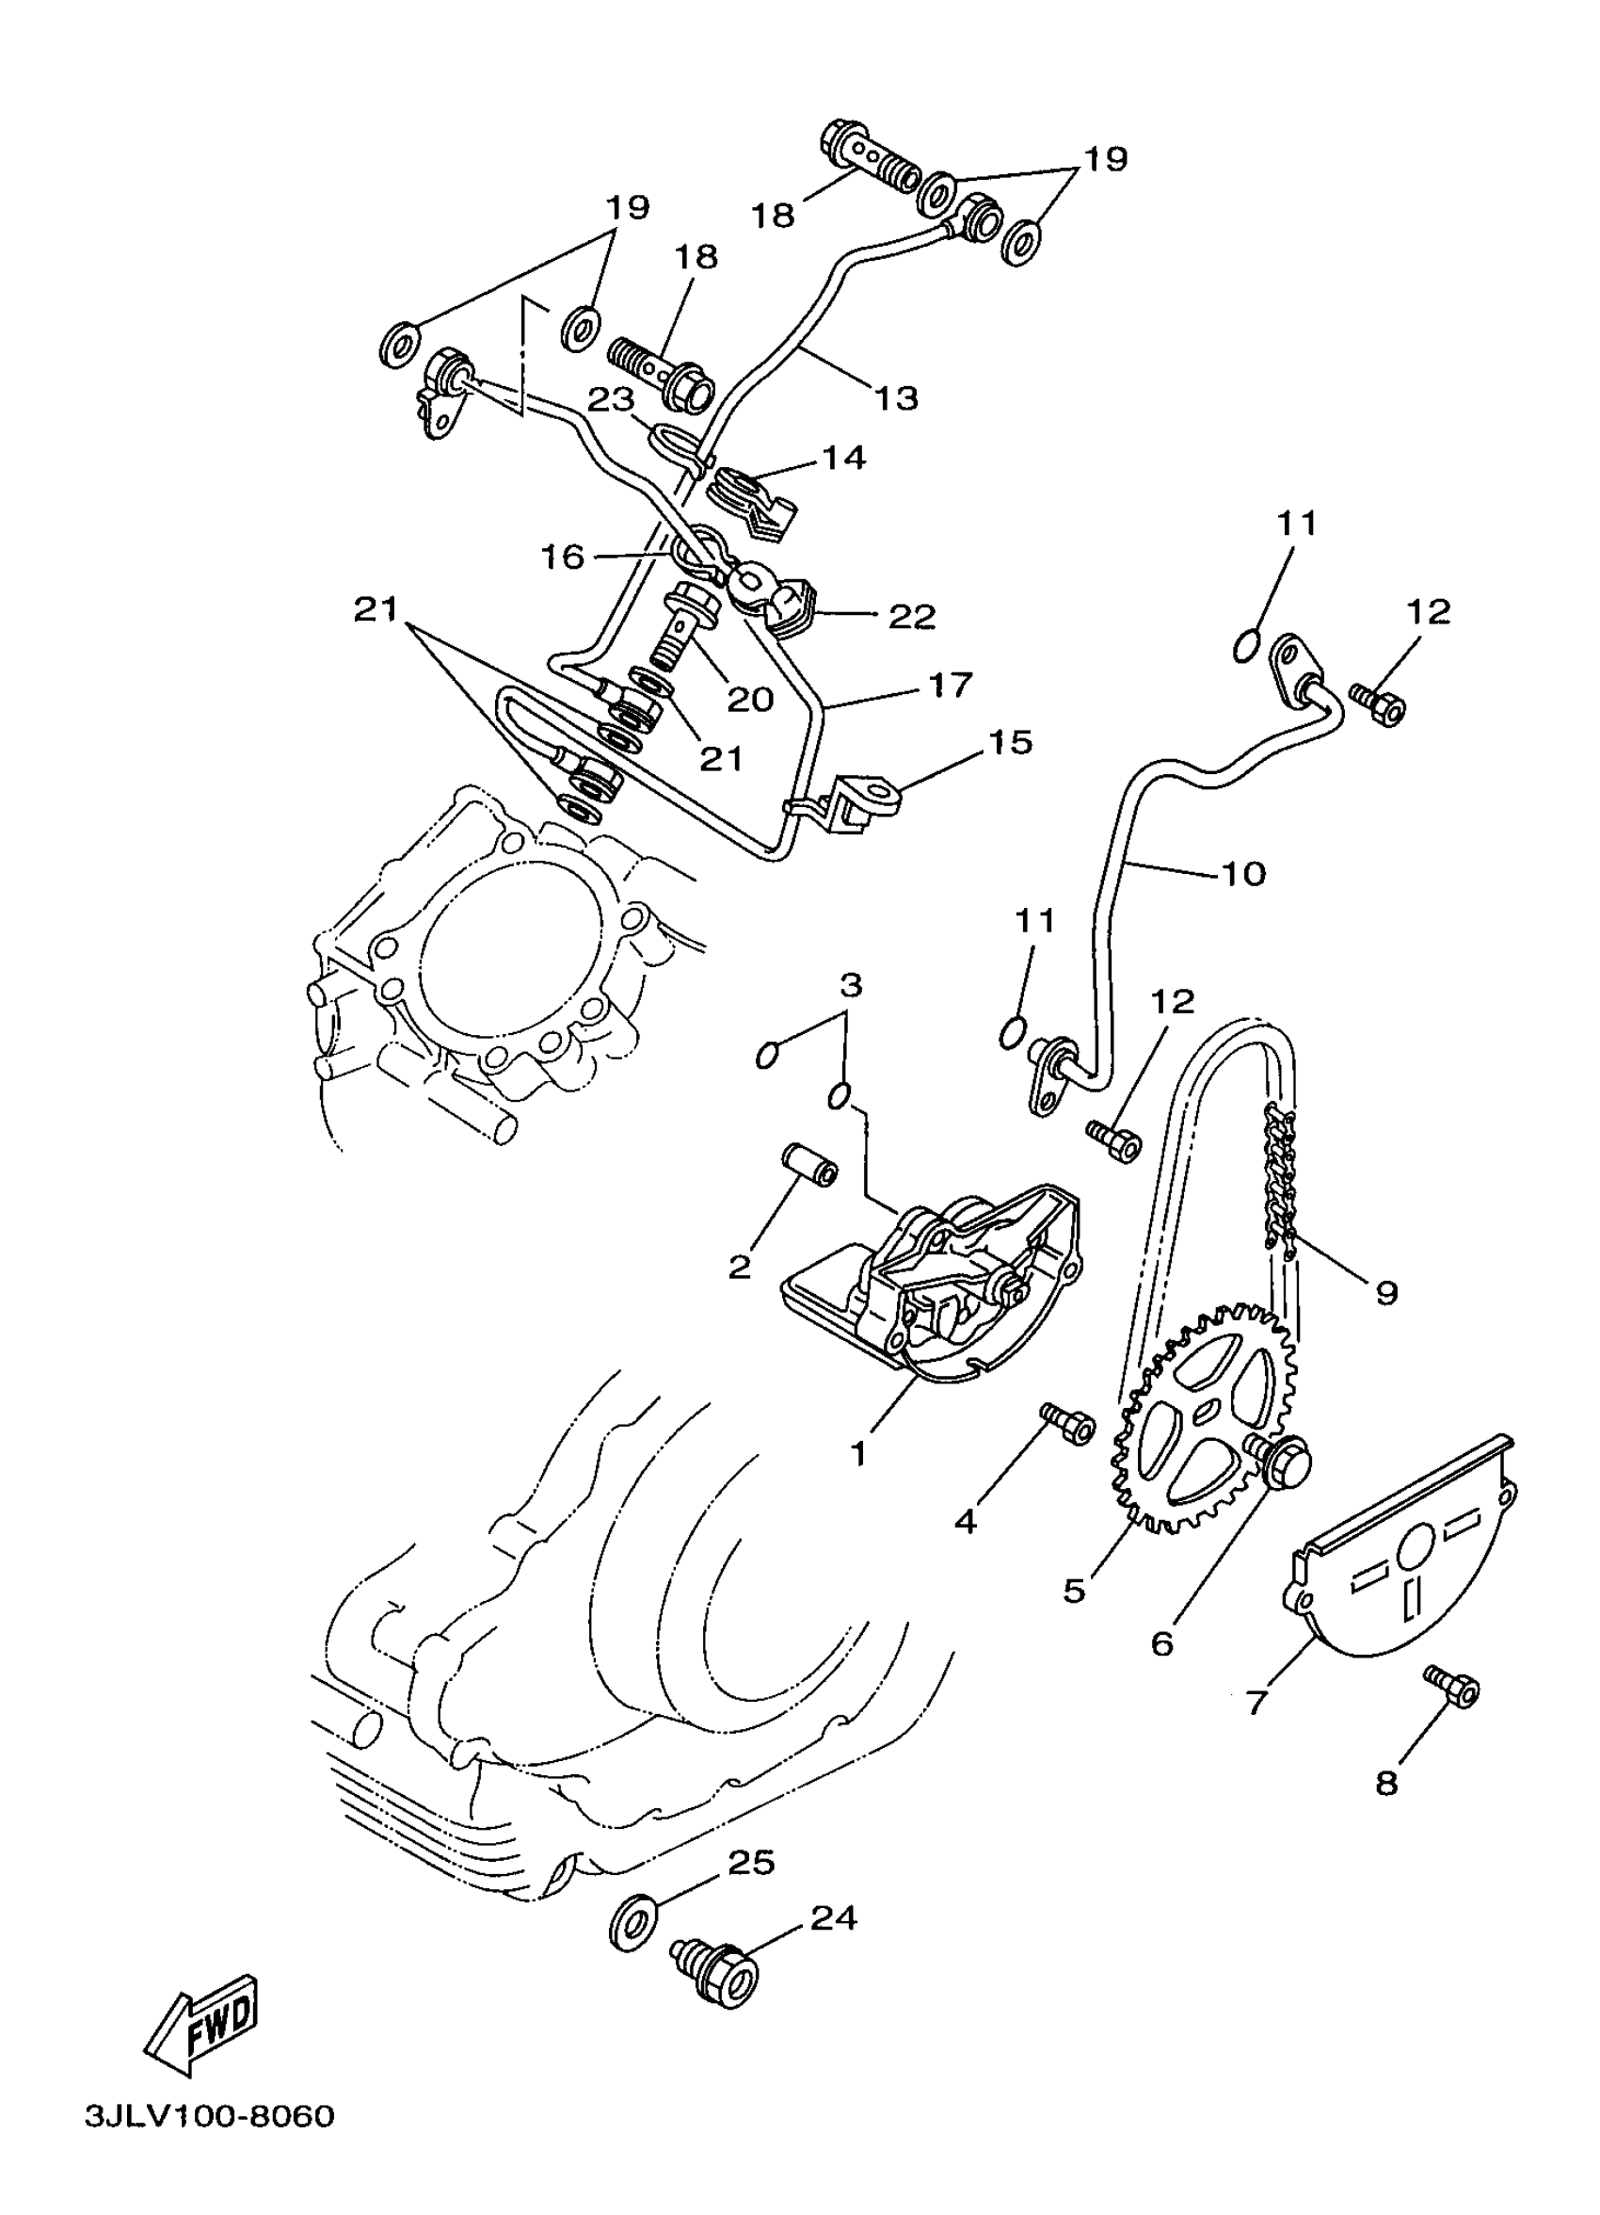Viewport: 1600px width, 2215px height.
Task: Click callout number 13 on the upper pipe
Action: tap(896, 397)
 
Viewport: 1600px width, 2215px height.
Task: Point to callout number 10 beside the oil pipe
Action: tap(1242, 873)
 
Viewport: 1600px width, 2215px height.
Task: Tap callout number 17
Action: tap(950, 685)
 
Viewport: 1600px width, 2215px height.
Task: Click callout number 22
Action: tap(912, 616)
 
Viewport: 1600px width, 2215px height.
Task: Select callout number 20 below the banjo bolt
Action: tap(750, 700)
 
